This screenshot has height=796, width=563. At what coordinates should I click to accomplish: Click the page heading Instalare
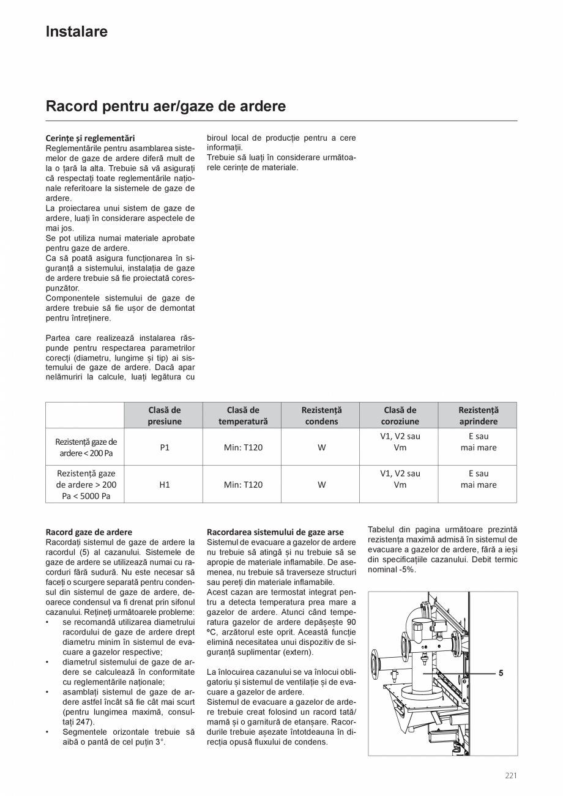tap(76, 32)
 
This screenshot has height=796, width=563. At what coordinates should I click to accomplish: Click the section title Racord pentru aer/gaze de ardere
tap(165, 106)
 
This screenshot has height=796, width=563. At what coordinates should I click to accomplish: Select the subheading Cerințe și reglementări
tap(90, 138)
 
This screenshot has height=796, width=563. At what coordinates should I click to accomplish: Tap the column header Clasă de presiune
tap(164, 415)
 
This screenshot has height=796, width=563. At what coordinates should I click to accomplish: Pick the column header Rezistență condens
tap(321, 415)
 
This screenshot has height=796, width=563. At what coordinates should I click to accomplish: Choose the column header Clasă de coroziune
tap(400, 415)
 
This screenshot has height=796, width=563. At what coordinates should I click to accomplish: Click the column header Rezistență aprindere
tap(478, 415)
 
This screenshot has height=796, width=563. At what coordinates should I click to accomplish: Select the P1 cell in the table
tap(164, 447)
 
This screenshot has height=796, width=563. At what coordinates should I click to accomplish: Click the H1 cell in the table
tap(164, 485)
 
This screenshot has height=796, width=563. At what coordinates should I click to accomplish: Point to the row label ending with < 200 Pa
tap(86, 447)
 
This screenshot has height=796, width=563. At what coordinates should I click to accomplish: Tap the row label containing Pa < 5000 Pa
tap(86, 485)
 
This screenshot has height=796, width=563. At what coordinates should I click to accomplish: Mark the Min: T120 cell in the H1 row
tap(243, 485)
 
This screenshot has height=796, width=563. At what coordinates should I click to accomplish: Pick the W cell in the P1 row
tap(321, 447)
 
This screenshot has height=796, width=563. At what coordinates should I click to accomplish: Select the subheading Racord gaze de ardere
tap(89, 532)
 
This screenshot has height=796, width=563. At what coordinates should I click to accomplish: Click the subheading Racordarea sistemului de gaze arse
tap(275, 532)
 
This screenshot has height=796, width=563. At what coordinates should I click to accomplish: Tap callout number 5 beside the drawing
tap(501, 673)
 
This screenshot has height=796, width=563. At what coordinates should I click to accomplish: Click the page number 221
tap(511, 776)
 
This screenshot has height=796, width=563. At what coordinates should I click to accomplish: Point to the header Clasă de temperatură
tap(243, 415)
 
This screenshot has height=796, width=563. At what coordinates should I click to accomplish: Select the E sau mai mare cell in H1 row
tap(478, 479)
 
